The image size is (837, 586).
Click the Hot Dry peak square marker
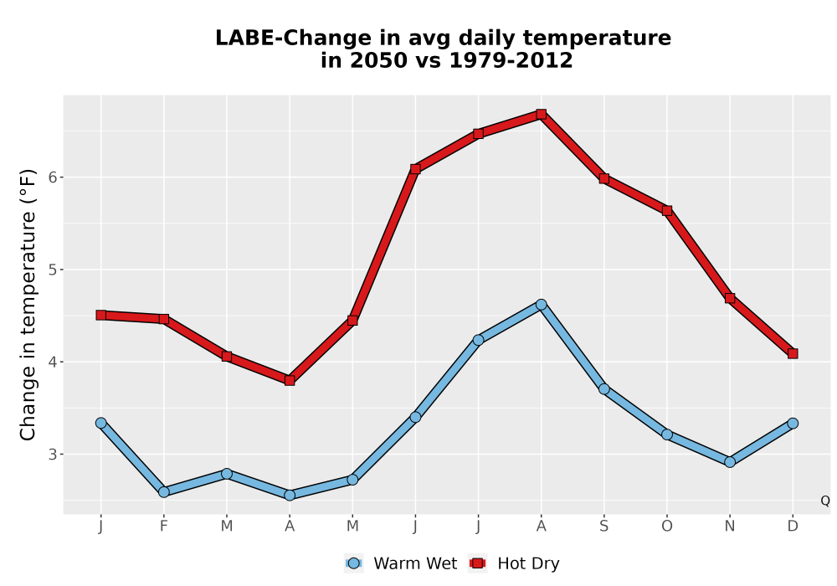(x=541, y=114)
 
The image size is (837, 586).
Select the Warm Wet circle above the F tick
(x=164, y=491)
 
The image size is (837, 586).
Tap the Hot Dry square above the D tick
(x=793, y=353)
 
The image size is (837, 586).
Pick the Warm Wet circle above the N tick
(x=730, y=461)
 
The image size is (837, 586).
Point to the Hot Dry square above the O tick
(x=667, y=211)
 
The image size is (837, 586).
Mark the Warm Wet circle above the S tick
(x=603, y=389)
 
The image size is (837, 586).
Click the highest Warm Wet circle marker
(x=541, y=305)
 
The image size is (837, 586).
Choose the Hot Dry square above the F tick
(x=164, y=319)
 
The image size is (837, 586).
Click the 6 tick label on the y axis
(x=52, y=177)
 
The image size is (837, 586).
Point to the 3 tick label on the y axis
(x=52, y=455)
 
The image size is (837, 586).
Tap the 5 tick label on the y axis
(x=52, y=270)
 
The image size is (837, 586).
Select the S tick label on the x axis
(x=603, y=527)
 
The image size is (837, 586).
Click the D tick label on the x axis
(x=793, y=527)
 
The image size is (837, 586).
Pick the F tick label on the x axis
(x=164, y=527)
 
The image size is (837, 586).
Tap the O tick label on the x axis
(x=667, y=527)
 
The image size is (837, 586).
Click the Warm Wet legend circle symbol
(x=353, y=563)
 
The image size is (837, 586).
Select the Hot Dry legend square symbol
(x=478, y=563)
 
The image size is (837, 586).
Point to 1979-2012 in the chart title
(x=511, y=60)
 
